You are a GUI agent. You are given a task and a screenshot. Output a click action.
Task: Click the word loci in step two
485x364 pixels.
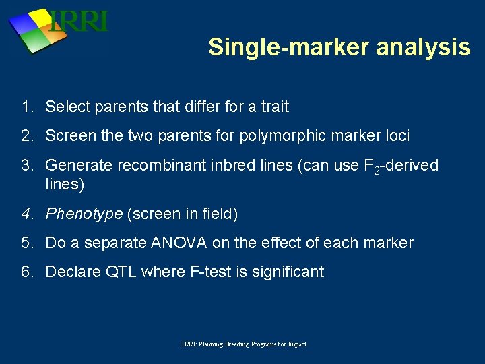[395, 135]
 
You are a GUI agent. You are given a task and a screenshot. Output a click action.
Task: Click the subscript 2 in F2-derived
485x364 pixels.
[377, 170]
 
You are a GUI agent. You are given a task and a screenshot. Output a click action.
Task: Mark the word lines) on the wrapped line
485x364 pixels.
[65, 183]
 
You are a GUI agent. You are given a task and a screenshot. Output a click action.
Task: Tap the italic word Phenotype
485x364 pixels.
[84, 214]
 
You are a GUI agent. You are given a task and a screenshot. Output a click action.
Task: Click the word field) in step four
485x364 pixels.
[218, 214]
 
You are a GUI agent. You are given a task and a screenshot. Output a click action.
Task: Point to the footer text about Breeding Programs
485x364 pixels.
[244, 344]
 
